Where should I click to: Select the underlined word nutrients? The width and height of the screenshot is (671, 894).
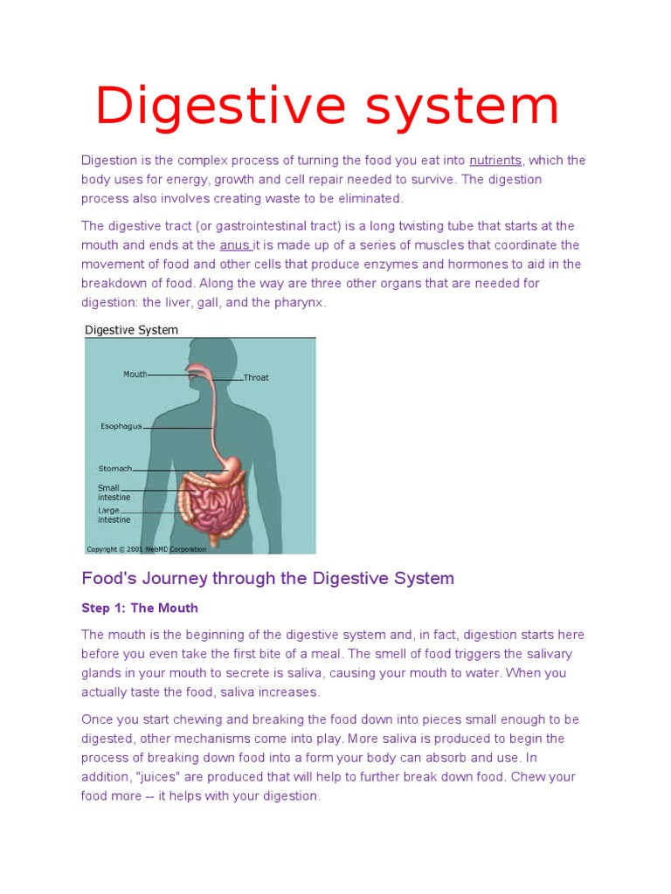click(495, 161)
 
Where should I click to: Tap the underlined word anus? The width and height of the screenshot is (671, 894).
click(234, 245)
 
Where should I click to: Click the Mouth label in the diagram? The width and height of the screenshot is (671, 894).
click(135, 374)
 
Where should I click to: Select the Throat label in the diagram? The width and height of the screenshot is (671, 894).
click(256, 378)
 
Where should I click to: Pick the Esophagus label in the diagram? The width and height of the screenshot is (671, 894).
click(121, 427)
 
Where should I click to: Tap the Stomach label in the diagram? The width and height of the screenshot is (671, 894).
click(115, 469)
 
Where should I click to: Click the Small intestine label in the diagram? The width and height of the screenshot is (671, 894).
click(114, 493)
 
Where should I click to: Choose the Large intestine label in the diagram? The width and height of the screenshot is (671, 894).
click(114, 515)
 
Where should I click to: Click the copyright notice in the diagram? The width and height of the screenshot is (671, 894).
click(146, 549)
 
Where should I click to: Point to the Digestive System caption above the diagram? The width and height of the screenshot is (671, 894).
click(131, 330)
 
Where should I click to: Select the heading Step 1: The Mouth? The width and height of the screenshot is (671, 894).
click(140, 608)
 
